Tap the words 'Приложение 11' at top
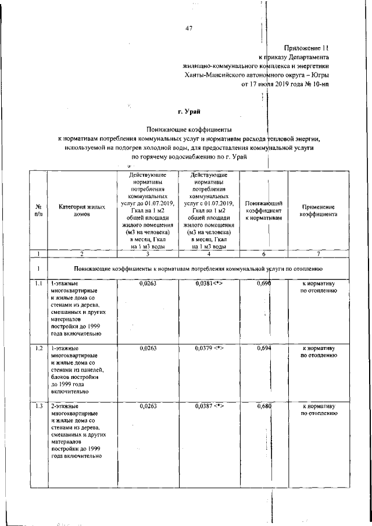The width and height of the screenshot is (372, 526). [x=306, y=48]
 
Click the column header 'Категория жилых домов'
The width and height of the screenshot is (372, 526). [x=82, y=209]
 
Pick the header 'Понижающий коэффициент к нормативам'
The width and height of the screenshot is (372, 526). [x=264, y=210]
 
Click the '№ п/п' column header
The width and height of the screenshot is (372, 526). [x=38, y=210]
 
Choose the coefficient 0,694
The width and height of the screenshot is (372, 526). [x=264, y=348]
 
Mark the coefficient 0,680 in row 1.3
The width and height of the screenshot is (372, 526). [x=264, y=406]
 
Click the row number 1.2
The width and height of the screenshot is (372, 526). [x=38, y=348]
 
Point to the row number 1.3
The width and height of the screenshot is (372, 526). [x=38, y=406]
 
